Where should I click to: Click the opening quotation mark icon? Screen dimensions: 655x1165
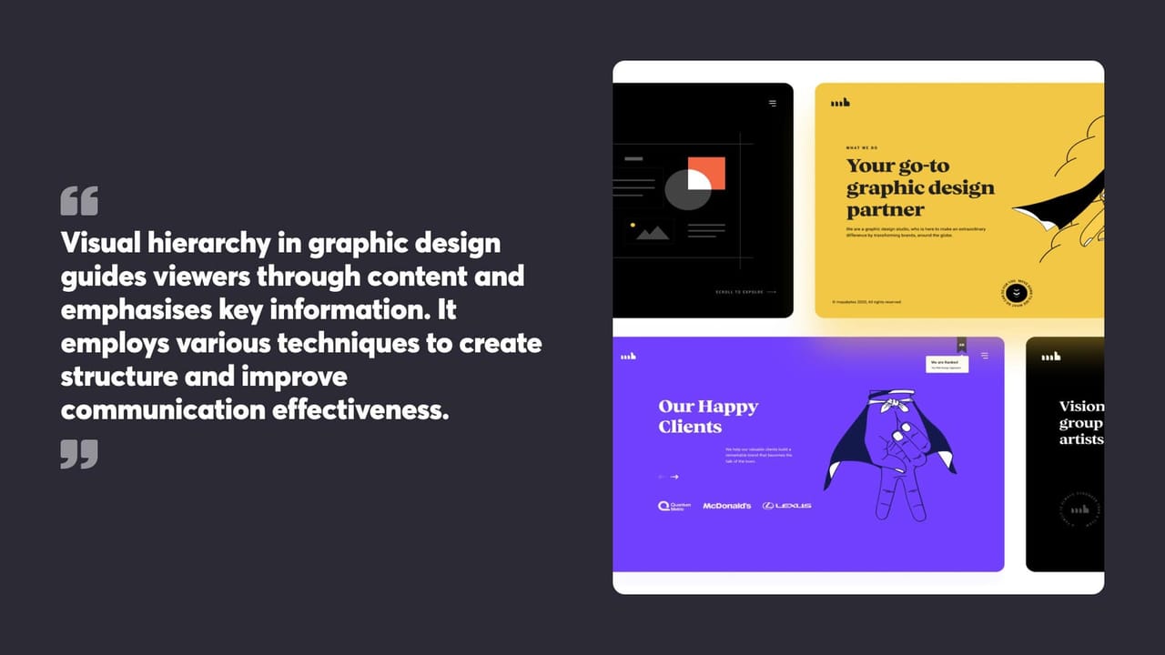(79, 201)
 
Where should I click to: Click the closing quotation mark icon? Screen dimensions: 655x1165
(79, 453)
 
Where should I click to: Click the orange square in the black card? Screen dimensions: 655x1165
(706, 173)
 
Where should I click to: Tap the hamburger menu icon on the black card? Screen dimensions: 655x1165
(773, 104)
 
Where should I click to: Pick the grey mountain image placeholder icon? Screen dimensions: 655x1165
(653, 233)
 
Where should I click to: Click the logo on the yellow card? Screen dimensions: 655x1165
(840, 103)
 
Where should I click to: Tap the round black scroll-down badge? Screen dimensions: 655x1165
(1017, 294)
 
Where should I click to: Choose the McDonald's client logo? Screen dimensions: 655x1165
(727, 506)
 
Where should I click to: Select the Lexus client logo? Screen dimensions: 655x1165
(786, 506)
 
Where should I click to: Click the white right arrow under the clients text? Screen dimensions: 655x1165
(674, 477)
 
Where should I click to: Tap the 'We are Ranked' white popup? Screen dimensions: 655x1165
(947, 363)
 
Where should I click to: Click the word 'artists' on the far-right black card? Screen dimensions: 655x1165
(1081, 440)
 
